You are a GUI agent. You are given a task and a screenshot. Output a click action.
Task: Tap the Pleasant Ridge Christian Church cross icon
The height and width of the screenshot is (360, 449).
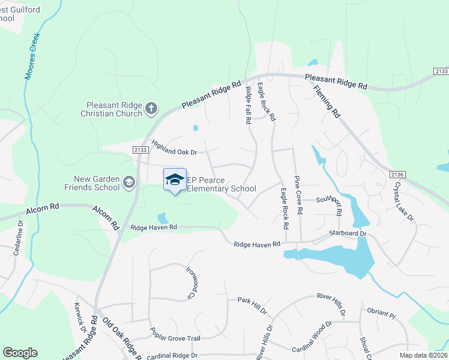[x=151, y=109]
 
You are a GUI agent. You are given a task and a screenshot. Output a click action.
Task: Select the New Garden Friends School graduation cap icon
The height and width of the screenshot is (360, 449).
[x=129, y=182]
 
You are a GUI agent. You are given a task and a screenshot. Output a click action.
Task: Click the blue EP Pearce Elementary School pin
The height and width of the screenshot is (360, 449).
[x=175, y=180]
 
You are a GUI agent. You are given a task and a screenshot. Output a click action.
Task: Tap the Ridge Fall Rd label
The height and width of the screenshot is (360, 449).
[x=248, y=105]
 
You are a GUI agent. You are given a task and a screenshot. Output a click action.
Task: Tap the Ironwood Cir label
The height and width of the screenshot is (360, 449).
[x=191, y=283]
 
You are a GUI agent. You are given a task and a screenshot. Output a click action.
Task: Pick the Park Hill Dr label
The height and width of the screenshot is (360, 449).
[x=252, y=304]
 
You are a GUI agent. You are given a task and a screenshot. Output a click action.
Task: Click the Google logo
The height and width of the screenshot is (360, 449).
[x=20, y=353]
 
